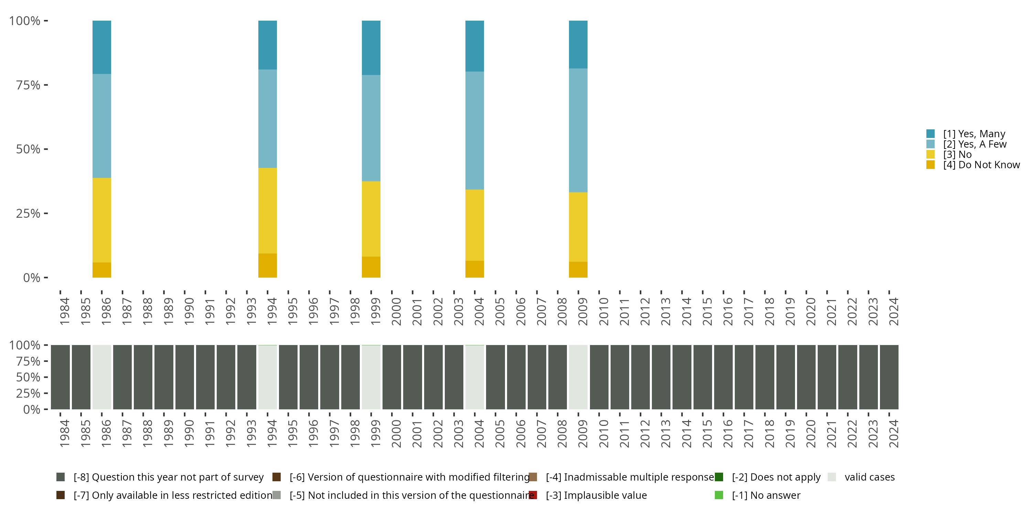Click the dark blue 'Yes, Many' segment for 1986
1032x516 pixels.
[102, 47]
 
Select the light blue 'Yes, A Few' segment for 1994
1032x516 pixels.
[268, 119]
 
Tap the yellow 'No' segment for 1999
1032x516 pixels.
[371, 219]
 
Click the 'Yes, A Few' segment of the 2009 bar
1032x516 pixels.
[578, 130]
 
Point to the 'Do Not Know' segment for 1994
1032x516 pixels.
[268, 265]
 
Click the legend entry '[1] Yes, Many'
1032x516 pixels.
[974, 134]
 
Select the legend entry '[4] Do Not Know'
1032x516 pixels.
[981, 165]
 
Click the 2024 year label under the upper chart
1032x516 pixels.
[893, 312]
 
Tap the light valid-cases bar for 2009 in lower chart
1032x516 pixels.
[578, 377]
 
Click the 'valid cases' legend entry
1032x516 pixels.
[869, 477]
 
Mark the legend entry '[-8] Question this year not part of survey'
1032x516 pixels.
[168, 477]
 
